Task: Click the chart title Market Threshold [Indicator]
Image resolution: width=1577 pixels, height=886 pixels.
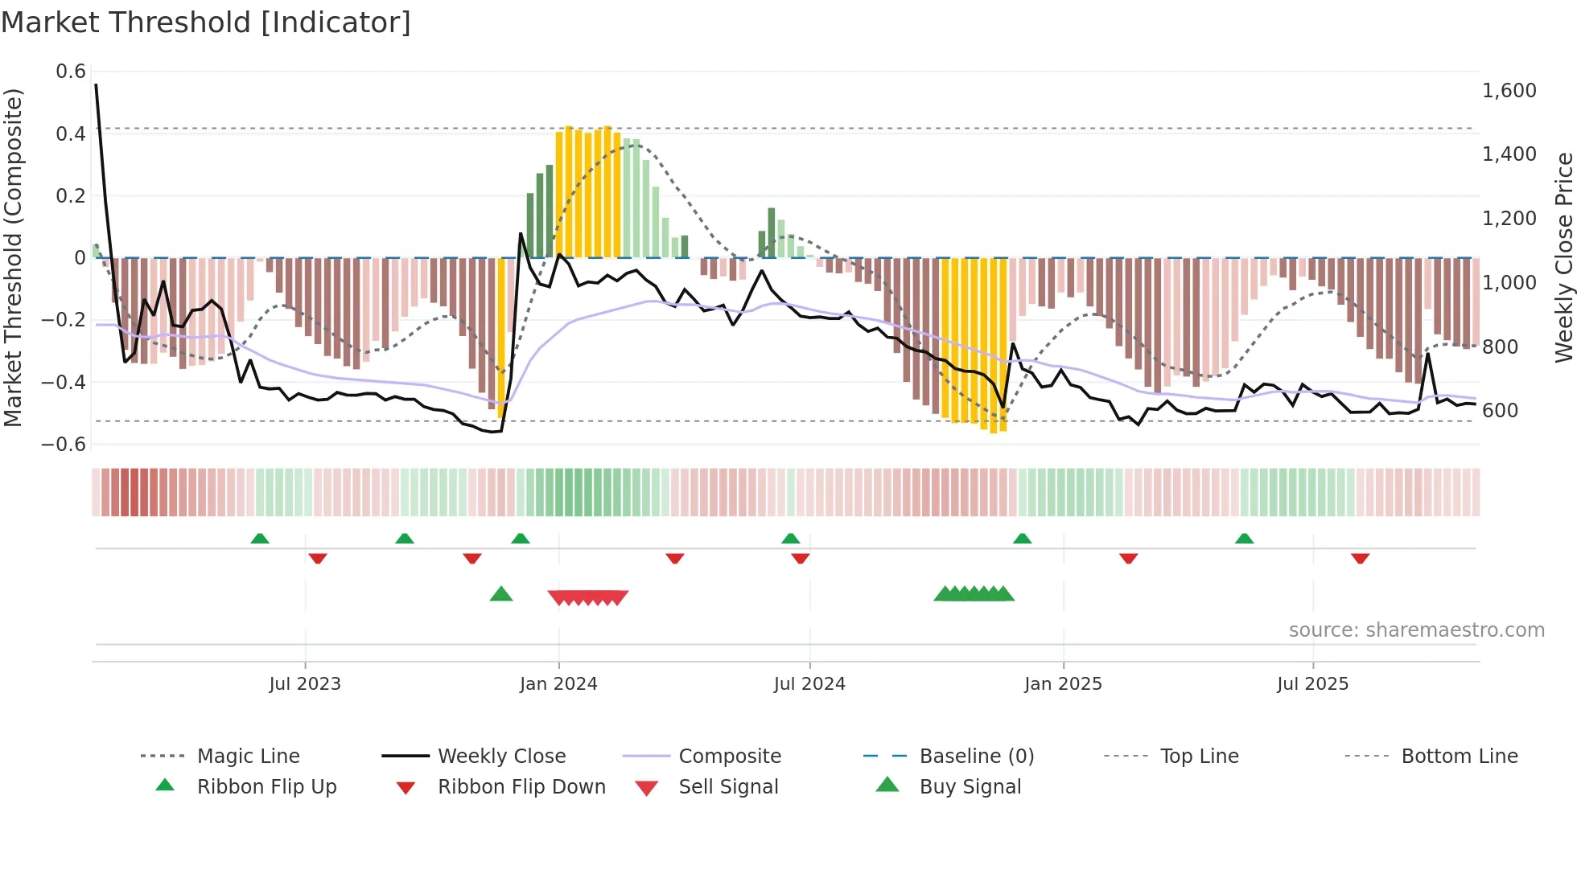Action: pyautogui.click(x=206, y=23)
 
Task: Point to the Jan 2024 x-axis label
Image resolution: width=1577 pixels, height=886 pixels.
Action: pyautogui.click(x=558, y=683)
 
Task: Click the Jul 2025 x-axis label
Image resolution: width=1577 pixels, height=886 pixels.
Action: pyautogui.click(x=1312, y=683)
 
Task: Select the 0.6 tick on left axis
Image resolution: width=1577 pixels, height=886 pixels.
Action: pyautogui.click(x=71, y=72)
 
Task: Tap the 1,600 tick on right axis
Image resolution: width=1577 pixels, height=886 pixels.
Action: pyautogui.click(x=1509, y=91)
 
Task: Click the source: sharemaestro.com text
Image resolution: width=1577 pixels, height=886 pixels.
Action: pyautogui.click(x=1416, y=630)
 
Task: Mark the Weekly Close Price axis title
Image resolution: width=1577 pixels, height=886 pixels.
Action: pyautogui.click(x=1563, y=257)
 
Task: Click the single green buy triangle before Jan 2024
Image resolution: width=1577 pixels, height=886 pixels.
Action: pyautogui.click(x=501, y=594)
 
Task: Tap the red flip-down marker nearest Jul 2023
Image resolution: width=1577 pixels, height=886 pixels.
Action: pyautogui.click(x=318, y=558)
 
